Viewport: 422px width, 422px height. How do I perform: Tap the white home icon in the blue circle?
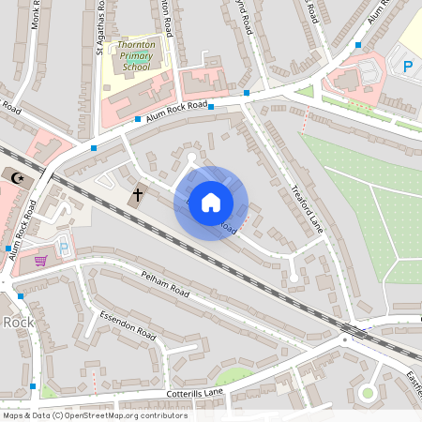click(211, 203)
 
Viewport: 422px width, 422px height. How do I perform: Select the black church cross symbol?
click(137, 195)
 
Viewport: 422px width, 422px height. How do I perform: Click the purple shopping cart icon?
click(40, 260)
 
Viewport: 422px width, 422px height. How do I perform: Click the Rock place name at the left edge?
click(17, 322)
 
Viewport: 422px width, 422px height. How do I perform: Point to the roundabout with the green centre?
click(368, 392)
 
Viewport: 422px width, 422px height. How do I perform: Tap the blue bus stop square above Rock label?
click(20, 296)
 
